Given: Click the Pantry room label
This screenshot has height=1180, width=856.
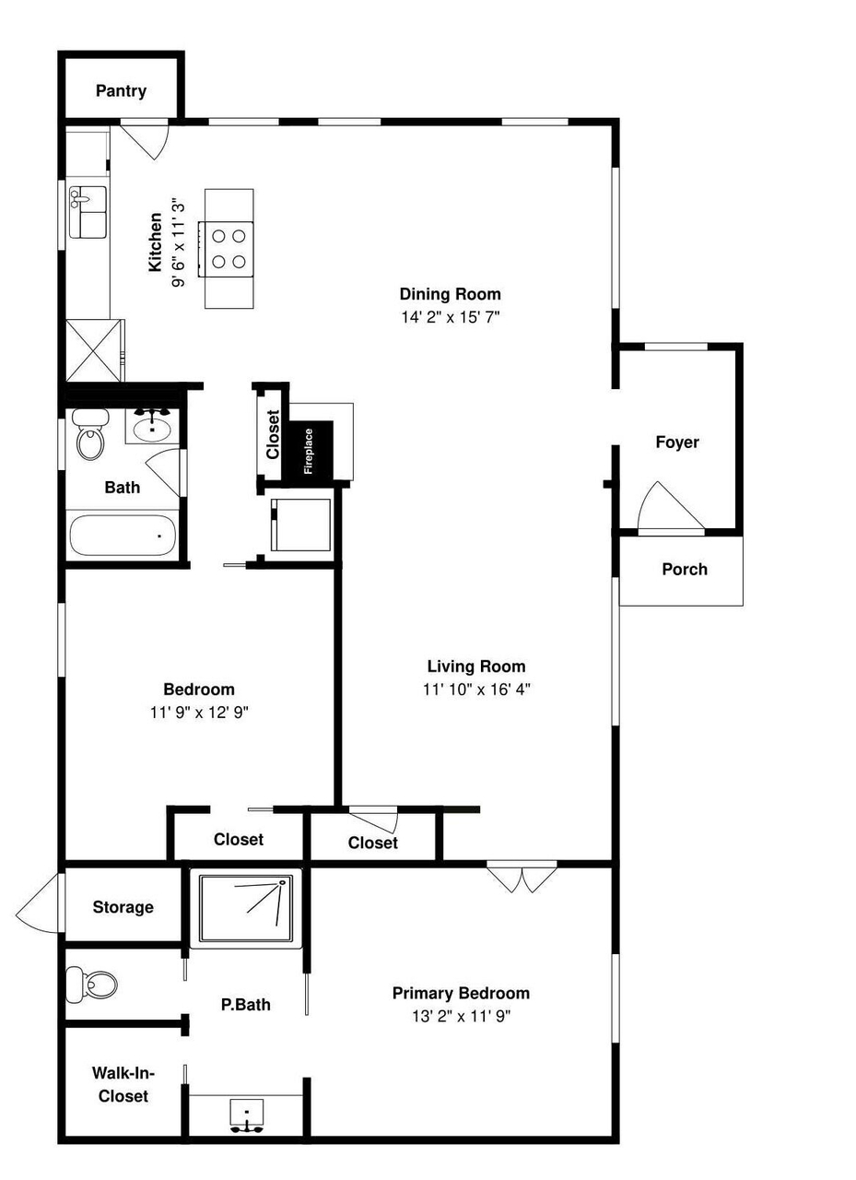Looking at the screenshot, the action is click(x=121, y=90).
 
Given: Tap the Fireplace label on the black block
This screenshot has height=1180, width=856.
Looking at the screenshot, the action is click(x=309, y=451).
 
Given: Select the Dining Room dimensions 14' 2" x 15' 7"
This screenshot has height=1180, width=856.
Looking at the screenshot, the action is click(x=450, y=317).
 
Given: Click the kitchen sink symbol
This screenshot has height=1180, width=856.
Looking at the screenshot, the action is click(x=88, y=212).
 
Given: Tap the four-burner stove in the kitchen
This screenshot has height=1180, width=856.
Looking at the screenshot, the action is click(x=226, y=249).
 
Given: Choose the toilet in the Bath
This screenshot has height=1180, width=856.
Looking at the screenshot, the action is click(x=90, y=433).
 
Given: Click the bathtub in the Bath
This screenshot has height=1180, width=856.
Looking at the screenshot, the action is click(x=123, y=536).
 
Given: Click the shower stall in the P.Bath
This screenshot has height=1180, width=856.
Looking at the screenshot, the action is click(x=245, y=908).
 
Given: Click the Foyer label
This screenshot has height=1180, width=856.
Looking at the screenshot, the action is click(x=677, y=442).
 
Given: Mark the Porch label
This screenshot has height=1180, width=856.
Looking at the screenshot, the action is click(x=685, y=569).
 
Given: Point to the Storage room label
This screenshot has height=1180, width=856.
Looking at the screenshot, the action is click(x=123, y=907).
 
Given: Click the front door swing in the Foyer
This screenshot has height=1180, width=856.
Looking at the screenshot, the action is click(x=671, y=507).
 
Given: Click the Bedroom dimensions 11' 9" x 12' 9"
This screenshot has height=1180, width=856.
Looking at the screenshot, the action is click(x=199, y=713).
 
